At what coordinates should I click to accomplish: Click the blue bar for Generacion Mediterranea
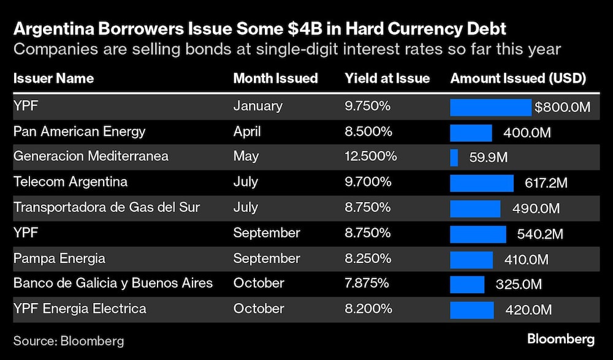(454, 158)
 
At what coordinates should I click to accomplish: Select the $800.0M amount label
(562, 107)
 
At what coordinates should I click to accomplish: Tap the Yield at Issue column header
(387, 79)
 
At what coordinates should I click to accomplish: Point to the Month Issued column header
(275, 79)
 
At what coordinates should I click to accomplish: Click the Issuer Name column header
(53, 79)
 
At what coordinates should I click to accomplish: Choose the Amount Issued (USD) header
(518, 79)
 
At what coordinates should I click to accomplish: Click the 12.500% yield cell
(371, 156)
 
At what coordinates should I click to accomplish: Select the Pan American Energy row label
(80, 131)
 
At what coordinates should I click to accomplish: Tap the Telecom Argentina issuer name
(70, 182)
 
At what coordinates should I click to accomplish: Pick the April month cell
(247, 131)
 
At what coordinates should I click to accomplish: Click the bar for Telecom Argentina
(482, 183)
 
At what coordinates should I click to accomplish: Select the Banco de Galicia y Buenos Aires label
(113, 283)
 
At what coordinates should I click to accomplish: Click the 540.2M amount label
(540, 234)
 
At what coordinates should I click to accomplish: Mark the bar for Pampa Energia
(471, 259)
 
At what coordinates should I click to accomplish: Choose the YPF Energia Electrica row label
(80, 308)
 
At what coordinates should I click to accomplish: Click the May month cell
(246, 156)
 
